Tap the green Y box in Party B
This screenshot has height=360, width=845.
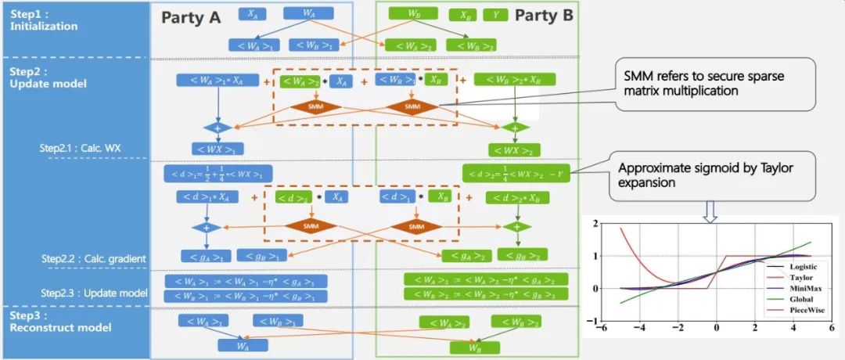point(494,15)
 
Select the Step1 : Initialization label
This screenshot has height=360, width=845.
point(44,20)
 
